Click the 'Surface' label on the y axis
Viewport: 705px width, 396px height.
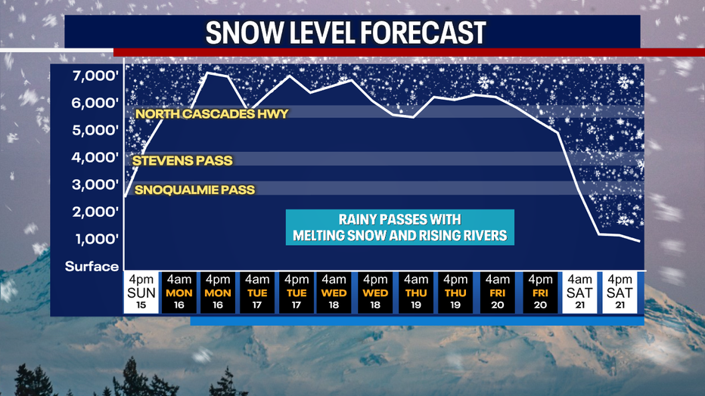point(92,266)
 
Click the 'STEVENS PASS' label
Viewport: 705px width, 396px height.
point(182,160)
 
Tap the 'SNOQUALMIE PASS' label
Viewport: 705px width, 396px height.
point(194,190)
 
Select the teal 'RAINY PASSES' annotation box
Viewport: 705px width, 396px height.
point(399,227)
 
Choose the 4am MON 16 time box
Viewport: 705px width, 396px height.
point(179,292)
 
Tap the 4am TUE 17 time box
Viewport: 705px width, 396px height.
point(258,292)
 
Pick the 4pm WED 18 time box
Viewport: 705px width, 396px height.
point(376,292)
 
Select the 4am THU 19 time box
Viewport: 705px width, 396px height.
point(415,292)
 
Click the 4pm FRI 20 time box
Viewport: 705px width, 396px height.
point(541,292)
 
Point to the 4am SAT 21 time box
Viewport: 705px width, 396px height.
point(580,292)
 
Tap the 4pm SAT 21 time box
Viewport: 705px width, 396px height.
point(620,292)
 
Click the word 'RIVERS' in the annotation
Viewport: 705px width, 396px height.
point(482,236)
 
